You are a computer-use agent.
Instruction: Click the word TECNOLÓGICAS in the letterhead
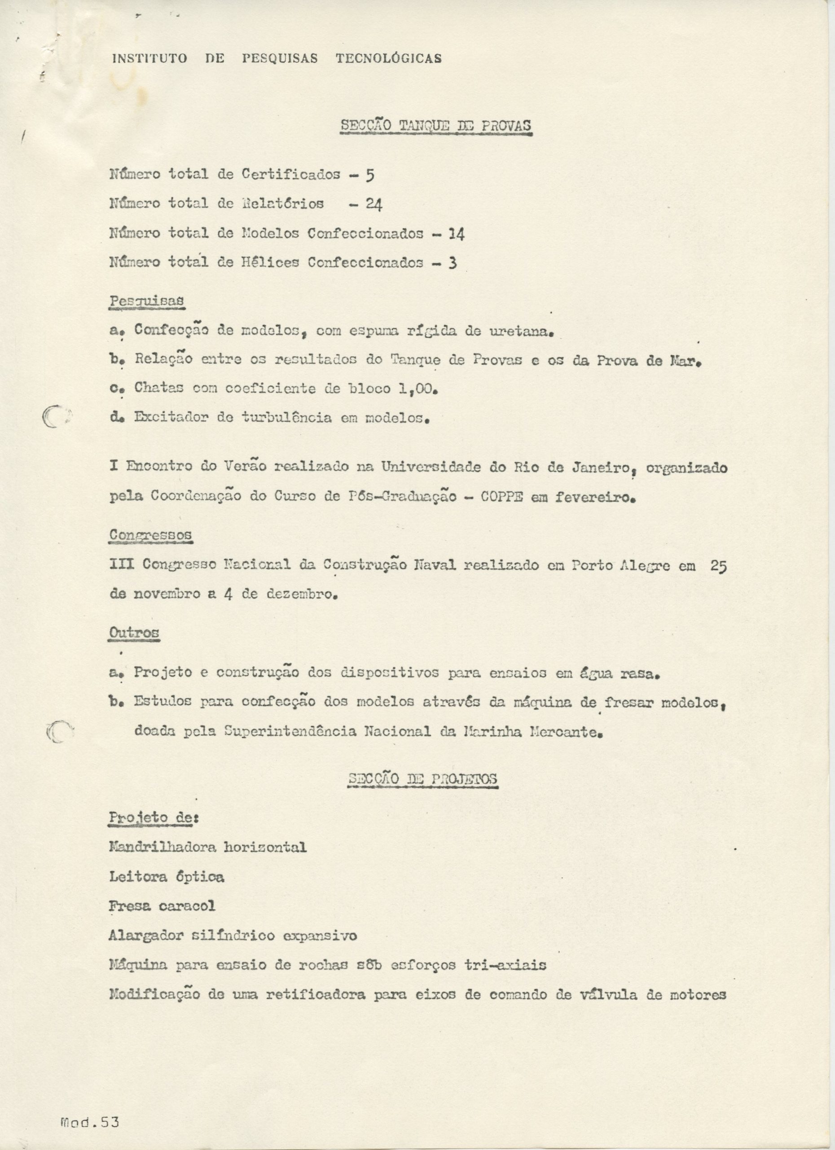pos(389,58)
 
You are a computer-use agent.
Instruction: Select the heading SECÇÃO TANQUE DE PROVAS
pos(436,126)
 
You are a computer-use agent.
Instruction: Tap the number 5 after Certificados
pos(370,176)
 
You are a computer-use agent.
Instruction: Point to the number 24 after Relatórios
pos(374,204)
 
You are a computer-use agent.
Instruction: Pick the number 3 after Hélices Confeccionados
pos(453,263)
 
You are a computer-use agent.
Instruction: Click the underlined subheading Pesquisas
pos(147,301)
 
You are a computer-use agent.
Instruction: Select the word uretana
pos(520,331)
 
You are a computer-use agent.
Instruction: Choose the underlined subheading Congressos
pos(150,535)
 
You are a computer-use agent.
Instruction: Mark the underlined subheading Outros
pos(134,633)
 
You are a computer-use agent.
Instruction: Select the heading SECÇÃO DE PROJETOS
pos(422,779)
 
